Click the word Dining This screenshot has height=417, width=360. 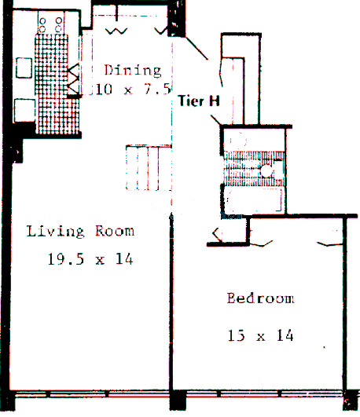pyautogui.click(x=133, y=71)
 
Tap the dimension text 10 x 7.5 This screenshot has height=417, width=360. pyautogui.click(x=133, y=90)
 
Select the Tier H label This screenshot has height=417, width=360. pyautogui.click(x=199, y=101)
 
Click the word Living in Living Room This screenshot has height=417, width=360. pyautogui.click(x=55, y=232)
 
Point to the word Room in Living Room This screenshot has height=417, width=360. pyautogui.click(x=115, y=231)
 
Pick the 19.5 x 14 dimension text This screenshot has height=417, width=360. pyautogui.click(x=90, y=259)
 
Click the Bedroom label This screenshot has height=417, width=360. pyautogui.click(x=261, y=298)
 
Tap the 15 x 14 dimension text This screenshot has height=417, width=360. pyautogui.click(x=261, y=335)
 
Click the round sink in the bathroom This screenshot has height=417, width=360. pyautogui.click(x=266, y=170)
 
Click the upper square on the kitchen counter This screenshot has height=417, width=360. pyautogui.click(x=24, y=68)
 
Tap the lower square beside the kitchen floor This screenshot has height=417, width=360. pyautogui.click(x=24, y=110)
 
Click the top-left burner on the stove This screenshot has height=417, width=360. pyautogui.click(x=42, y=20)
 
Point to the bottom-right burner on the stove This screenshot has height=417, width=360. pyautogui.click(x=59, y=29)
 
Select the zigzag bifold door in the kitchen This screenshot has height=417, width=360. pyautogui.click(x=73, y=79)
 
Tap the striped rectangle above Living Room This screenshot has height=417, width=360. pyautogui.click(x=149, y=167)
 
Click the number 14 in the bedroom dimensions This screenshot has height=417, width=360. pyautogui.click(x=285, y=335)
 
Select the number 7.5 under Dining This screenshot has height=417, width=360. pyautogui.click(x=157, y=90)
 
